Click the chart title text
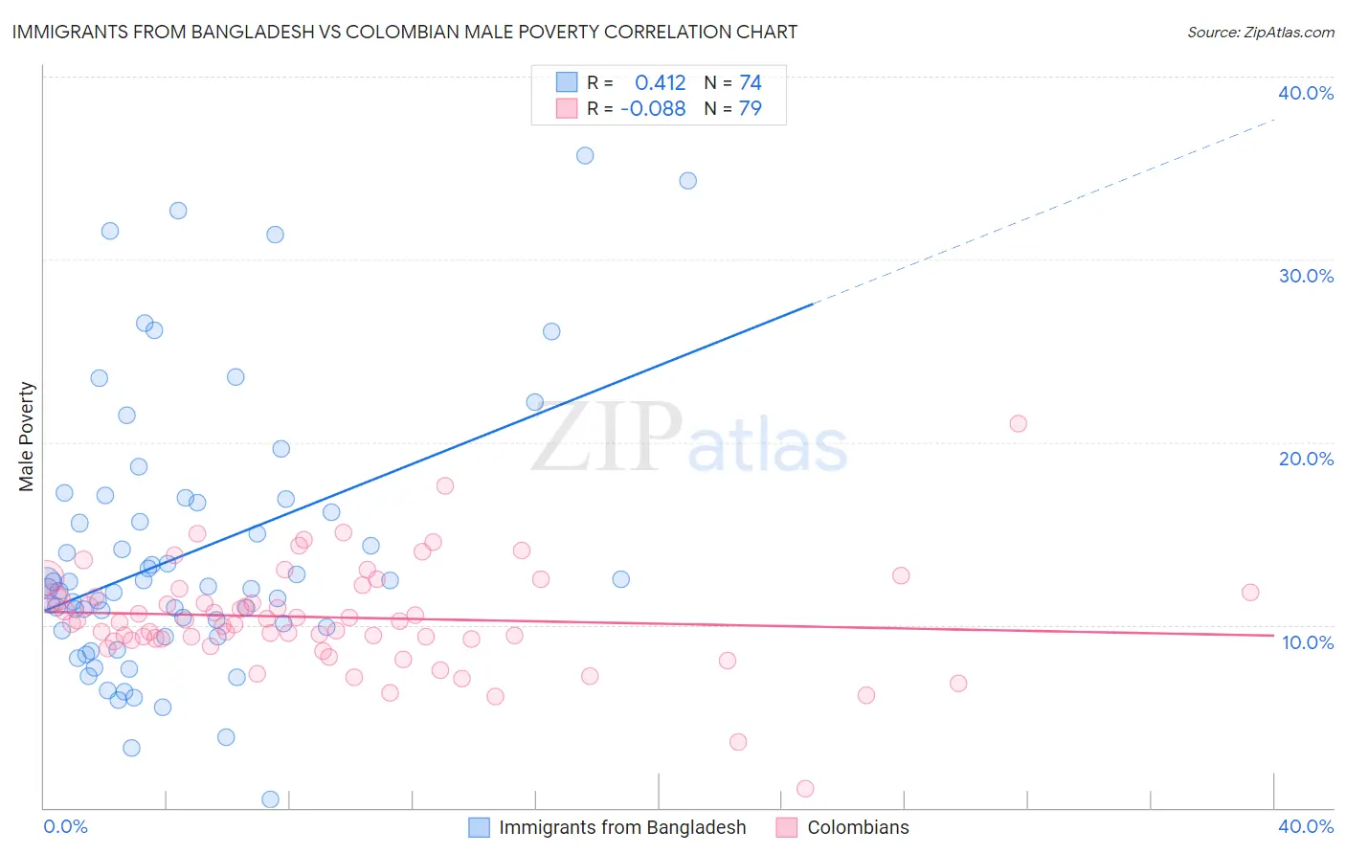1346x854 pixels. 404,32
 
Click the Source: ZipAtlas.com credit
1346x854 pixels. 1260,32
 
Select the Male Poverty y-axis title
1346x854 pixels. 26,437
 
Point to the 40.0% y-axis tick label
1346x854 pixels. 1305,93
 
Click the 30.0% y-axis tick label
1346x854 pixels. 1305,276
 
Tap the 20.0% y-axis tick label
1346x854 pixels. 1305,459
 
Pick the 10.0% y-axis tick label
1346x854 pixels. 1307,642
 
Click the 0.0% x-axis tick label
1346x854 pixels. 65,826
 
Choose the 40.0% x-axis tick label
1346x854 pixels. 1305,826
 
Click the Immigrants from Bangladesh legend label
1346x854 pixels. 621,827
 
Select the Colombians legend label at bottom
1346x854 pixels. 858,827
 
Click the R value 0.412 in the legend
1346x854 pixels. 660,83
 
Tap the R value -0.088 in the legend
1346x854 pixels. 653,109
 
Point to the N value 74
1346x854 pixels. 750,83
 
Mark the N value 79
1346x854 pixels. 750,109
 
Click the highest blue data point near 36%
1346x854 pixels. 585,155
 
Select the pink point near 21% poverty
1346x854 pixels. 1018,423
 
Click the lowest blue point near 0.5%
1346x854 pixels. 271,799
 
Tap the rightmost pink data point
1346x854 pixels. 1250,593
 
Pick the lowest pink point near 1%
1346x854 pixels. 805,789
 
